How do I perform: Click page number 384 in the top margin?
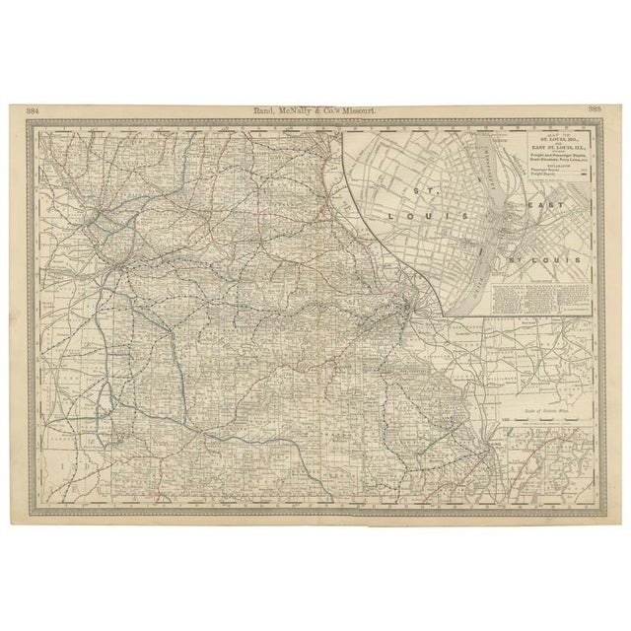tap(34, 109)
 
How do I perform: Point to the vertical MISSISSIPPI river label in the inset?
tap(488, 173)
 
